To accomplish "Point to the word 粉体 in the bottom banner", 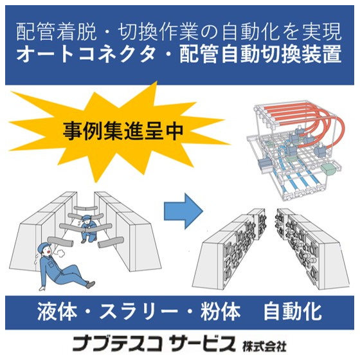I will coord(223,312).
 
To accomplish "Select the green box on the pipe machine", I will coord(328,168).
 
